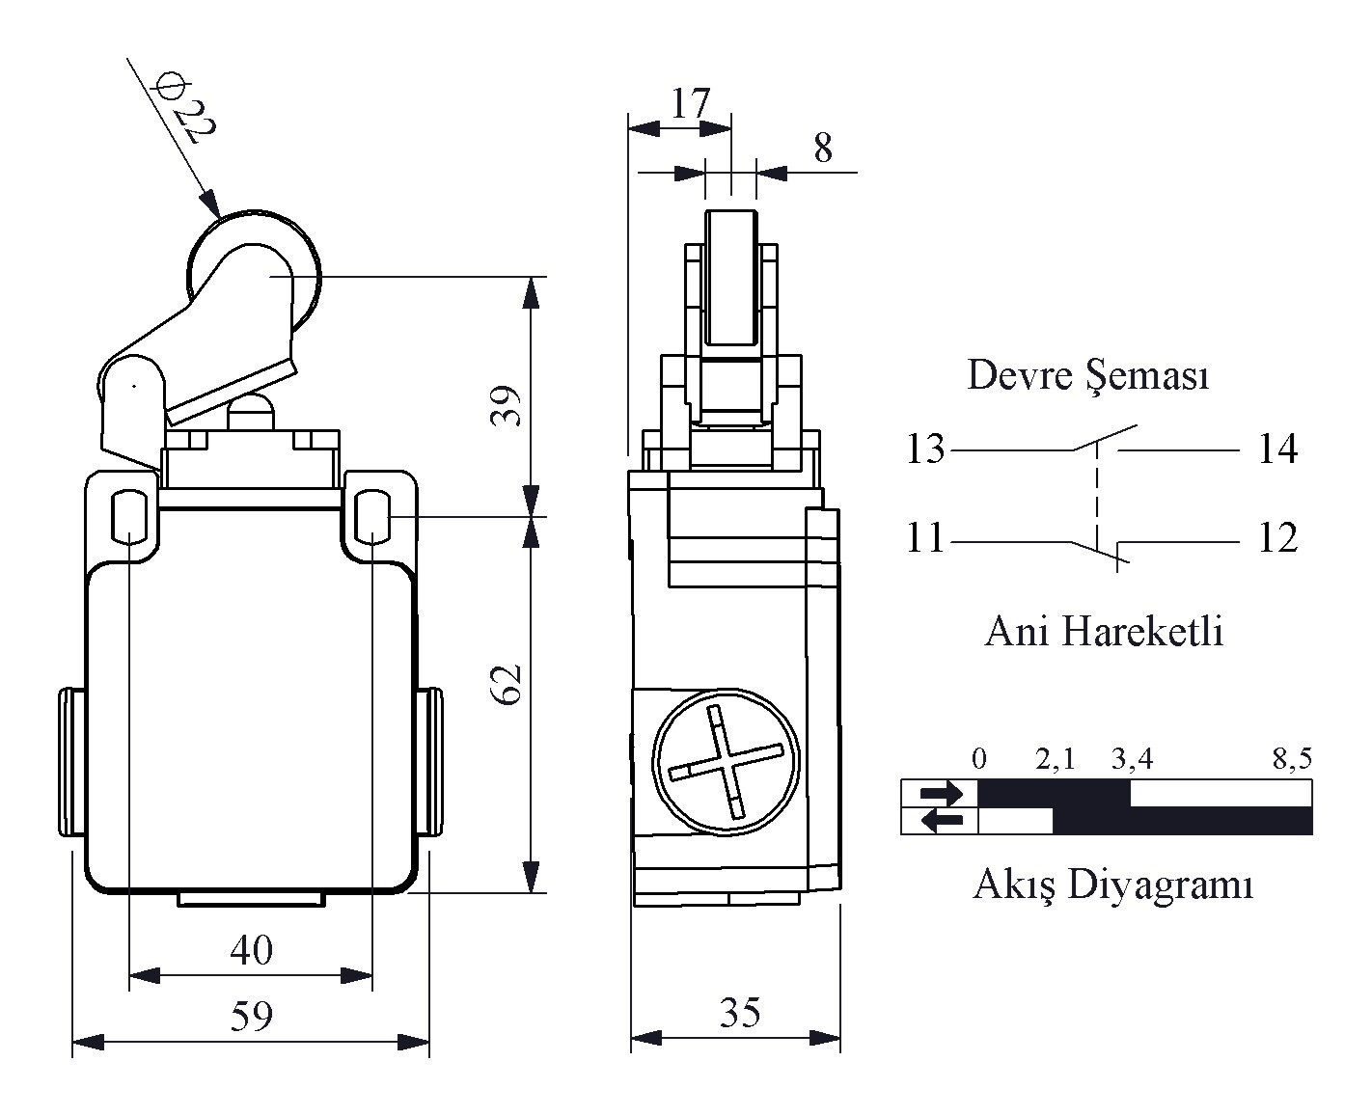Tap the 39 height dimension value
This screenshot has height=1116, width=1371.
click(506, 405)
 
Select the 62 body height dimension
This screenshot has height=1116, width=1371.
click(506, 685)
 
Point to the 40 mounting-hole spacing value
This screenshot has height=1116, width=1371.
click(251, 950)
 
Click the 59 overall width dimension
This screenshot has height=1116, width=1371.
click(251, 1016)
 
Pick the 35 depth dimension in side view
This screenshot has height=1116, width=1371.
click(740, 1013)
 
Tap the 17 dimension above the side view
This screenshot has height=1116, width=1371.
click(690, 103)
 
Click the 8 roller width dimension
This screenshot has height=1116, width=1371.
click(823, 148)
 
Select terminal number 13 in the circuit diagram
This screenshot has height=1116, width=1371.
click(925, 449)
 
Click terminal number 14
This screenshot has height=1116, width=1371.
click(1278, 449)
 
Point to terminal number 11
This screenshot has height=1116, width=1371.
click(925, 537)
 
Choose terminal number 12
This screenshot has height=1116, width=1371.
click(1278, 537)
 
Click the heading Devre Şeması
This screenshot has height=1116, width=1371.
click(1088, 376)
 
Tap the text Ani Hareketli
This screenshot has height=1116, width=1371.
click(1104, 631)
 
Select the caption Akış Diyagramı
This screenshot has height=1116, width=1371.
click(1113, 885)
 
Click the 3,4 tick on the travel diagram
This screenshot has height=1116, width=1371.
click(1132, 760)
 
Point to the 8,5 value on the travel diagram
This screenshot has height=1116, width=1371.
click(1292, 760)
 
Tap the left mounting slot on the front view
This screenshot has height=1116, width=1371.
click(129, 516)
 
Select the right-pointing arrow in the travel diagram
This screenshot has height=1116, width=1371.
click(942, 793)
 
